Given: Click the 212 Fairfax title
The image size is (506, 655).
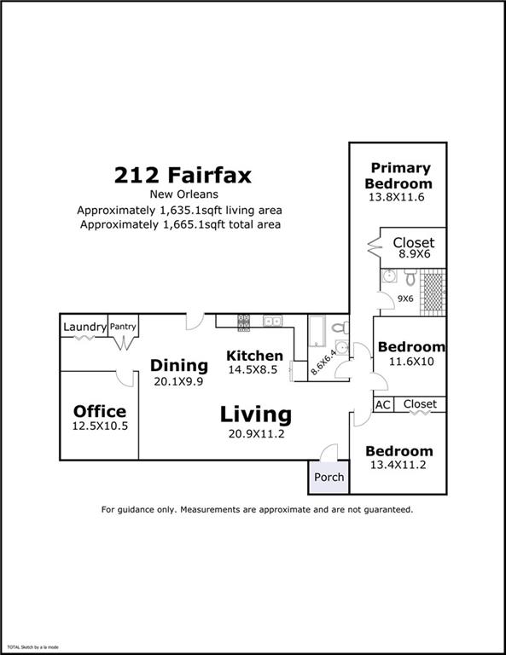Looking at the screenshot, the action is [183, 175].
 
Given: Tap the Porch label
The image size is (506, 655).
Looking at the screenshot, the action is [329, 477].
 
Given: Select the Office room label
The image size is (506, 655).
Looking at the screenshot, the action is [100, 411].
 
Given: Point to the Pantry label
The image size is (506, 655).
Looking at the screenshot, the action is [123, 327].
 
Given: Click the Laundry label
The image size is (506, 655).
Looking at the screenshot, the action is [84, 327].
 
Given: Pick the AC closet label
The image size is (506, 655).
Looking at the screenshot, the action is [383, 405].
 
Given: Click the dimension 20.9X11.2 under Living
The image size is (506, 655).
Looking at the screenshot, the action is [256, 434].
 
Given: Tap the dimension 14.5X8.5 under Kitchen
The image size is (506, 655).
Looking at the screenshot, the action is [253, 369].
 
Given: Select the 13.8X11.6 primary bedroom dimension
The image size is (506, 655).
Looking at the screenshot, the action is [396, 197].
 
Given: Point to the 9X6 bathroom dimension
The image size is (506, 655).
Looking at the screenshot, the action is [405, 299].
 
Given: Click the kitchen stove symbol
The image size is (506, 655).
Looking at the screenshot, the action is [243, 323].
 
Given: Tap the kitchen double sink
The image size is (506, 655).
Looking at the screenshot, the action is [272, 321].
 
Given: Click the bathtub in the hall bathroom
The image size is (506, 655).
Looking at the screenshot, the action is [317, 332].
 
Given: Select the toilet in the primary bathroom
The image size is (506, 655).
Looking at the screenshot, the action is [410, 276].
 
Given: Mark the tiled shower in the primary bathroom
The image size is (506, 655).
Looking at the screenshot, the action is [433, 293].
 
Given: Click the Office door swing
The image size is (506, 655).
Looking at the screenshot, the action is [125, 379].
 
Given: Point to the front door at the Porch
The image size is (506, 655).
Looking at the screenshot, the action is [329, 452].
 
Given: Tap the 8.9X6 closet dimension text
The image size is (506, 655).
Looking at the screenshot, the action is [414, 254].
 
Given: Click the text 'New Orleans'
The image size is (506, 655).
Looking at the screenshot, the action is [183, 194].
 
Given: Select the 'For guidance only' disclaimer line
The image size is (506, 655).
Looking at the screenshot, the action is [257, 510].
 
